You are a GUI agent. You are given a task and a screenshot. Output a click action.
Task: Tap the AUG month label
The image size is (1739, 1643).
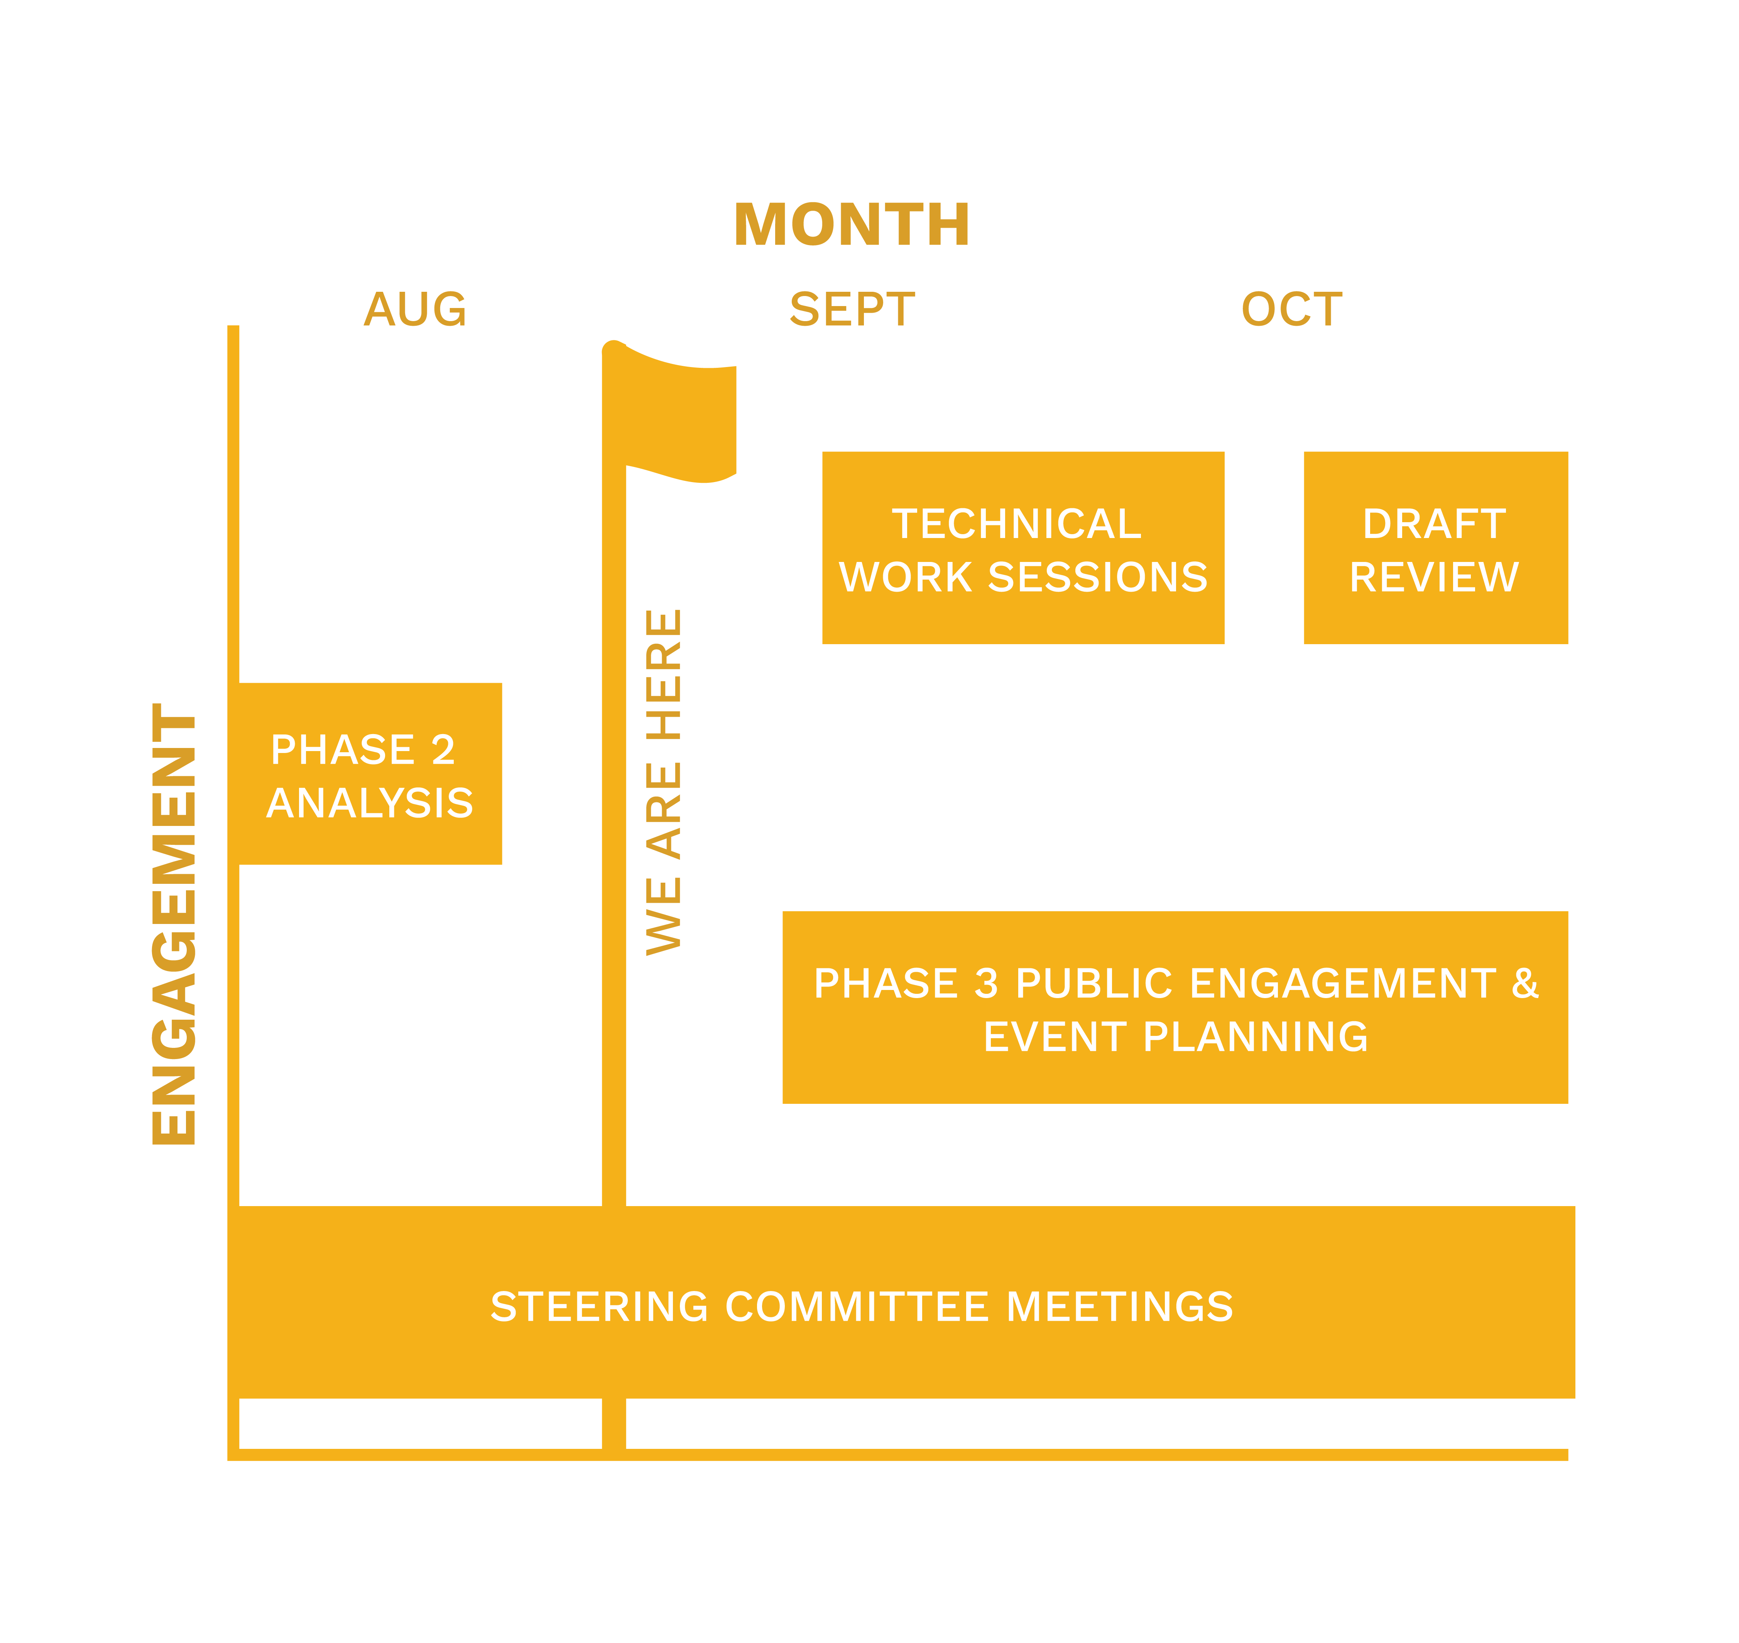(x=415, y=310)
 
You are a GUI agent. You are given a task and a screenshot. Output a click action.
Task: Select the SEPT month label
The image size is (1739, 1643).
(x=851, y=310)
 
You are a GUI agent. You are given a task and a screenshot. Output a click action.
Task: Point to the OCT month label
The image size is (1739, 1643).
(x=1291, y=310)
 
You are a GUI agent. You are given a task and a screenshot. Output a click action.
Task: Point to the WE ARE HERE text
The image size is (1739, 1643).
(x=664, y=782)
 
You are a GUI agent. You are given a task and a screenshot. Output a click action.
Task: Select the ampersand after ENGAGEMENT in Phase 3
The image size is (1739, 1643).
(x=1524, y=983)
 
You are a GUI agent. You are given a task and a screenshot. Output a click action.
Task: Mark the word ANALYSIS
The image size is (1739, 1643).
(x=370, y=803)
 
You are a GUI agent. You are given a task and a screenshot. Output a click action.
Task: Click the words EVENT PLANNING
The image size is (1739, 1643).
(x=1175, y=1037)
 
